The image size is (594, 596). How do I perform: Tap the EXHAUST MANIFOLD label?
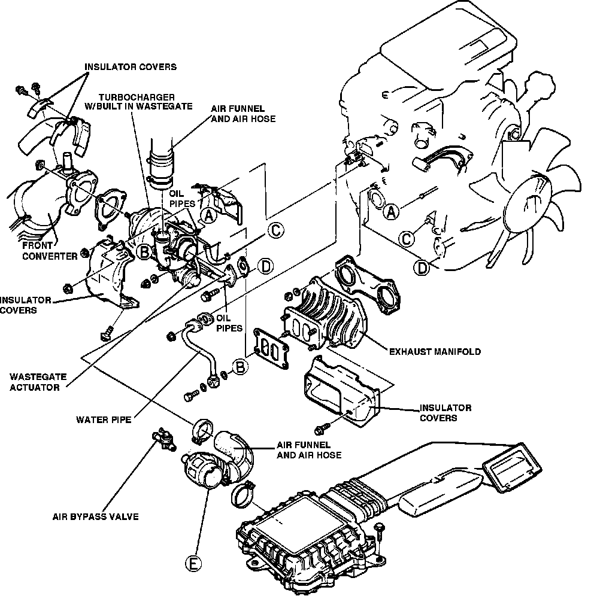[434, 352]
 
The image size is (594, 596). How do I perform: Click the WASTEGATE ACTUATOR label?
[35, 382]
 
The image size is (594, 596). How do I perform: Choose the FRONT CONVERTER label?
[41, 251]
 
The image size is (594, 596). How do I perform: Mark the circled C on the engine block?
[407, 239]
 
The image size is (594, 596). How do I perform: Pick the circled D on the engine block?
[423, 268]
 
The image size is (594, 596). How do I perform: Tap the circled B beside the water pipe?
[240, 366]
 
